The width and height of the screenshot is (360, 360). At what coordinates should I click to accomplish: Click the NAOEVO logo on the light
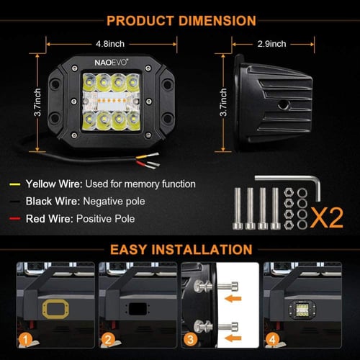(x=111, y=63)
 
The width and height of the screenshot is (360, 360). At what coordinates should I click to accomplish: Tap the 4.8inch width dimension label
(x=110, y=44)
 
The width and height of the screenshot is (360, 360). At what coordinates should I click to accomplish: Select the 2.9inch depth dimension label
(x=271, y=44)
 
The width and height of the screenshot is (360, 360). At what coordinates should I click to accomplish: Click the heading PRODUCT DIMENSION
(x=181, y=21)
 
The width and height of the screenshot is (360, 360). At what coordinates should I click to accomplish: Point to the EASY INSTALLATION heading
(x=181, y=250)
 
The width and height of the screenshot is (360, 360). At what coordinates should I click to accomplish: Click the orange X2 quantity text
(x=327, y=218)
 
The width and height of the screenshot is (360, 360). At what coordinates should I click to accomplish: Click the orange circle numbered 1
(x=25, y=339)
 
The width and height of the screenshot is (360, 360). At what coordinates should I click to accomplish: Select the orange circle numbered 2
(x=108, y=339)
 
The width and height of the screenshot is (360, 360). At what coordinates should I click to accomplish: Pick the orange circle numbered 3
(x=190, y=339)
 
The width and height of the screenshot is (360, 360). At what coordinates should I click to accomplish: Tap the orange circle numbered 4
(x=272, y=339)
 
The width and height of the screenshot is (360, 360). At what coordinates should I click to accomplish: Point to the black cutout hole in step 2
(x=138, y=309)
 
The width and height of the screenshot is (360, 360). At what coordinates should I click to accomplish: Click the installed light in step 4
(x=302, y=310)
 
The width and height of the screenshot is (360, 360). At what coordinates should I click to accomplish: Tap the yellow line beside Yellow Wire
(x=14, y=184)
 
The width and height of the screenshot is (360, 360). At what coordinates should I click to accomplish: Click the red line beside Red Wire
(x=14, y=219)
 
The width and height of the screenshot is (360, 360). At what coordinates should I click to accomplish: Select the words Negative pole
(x=114, y=202)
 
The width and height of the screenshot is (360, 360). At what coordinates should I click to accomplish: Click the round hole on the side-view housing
(x=283, y=104)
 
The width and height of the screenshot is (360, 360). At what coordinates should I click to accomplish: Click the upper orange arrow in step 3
(x=233, y=299)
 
